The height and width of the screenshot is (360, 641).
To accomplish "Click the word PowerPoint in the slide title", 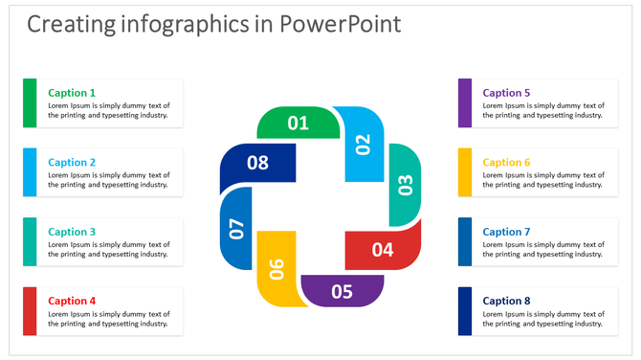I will [340, 24].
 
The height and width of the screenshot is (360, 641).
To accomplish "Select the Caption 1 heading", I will [72, 93].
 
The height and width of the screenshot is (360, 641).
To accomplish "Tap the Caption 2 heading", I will [72, 163].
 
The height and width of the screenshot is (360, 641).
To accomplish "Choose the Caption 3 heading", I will [72, 232].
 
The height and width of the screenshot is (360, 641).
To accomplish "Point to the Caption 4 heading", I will [72, 301].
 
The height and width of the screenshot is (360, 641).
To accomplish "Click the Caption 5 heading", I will [506, 93].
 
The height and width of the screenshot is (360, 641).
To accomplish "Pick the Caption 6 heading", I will [506, 163].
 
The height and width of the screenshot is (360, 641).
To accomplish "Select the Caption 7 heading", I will [506, 232].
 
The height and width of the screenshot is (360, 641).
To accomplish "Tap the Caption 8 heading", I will [506, 301].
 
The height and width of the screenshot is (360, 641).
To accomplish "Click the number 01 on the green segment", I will [298, 123].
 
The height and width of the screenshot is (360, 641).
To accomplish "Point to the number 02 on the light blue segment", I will [363, 145].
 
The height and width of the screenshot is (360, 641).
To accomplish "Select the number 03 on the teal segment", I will [405, 184].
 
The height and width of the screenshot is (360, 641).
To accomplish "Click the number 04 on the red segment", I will [383, 250].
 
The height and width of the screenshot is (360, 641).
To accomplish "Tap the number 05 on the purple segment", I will [342, 292].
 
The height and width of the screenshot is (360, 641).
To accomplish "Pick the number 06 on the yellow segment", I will [277, 269].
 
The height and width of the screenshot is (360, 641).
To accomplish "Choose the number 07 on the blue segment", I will [236, 228].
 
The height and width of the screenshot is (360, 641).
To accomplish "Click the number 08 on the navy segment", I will [258, 163].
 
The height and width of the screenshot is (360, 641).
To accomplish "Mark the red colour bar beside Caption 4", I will [30, 311].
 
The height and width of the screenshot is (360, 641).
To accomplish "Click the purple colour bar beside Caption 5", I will [465, 103].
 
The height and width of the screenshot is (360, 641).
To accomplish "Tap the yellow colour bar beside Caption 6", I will [465, 172].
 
